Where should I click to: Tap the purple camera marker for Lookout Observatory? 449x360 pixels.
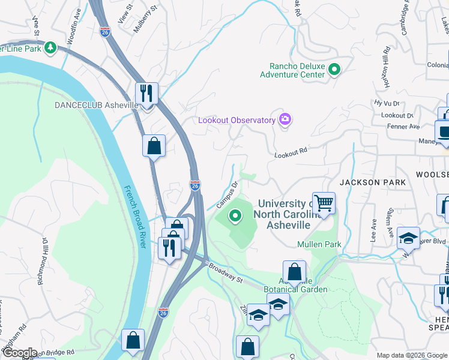[285, 120]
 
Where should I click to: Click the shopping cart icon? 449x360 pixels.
[324, 203]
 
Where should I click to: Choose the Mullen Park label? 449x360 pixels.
[319, 244]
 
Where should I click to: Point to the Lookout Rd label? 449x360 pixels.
[291, 153]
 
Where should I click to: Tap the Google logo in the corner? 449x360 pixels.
[19, 353]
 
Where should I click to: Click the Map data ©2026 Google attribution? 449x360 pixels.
[411, 355]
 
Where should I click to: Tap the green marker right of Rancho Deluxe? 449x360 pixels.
[336, 70]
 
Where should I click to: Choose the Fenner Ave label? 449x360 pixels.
[406, 127]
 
